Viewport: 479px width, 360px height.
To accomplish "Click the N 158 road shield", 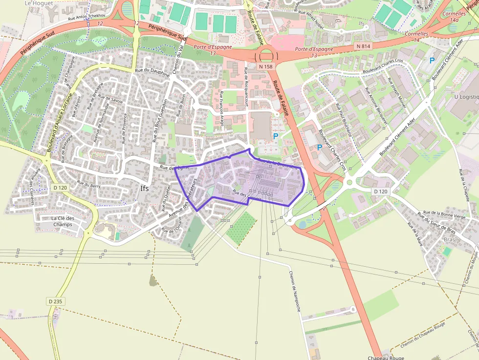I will [265, 66].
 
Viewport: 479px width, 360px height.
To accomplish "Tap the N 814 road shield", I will [363, 46].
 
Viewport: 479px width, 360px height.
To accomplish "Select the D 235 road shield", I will [55, 301].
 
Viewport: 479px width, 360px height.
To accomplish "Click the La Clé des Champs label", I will [62, 221].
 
